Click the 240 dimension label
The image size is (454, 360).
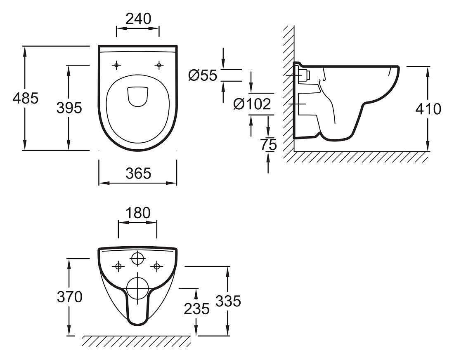click(138, 19)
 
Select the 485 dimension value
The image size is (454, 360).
click(26, 99)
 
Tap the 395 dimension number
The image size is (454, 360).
click(69, 108)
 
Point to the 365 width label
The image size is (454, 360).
click(138, 174)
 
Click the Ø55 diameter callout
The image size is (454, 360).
click(202, 75)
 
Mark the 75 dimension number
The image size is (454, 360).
click(268, 145)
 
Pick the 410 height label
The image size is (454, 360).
click(428, 109)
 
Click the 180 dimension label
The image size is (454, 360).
click(138, 213)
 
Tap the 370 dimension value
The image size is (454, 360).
click(69, 297)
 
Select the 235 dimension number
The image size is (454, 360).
click(196, 309)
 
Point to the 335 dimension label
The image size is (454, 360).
click(228, 301)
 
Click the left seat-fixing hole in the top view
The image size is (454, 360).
click(116, 66)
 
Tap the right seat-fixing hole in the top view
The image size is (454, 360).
click(158, 66)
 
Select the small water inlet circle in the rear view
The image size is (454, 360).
click(137, 259)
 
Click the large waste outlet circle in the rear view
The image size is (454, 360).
click(137, 288)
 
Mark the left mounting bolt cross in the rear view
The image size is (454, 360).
click(118, 266)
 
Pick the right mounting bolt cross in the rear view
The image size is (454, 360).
click(157, 266)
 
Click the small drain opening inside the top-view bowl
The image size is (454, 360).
click(138, 96)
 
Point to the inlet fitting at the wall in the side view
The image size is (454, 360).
click(303, 75)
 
